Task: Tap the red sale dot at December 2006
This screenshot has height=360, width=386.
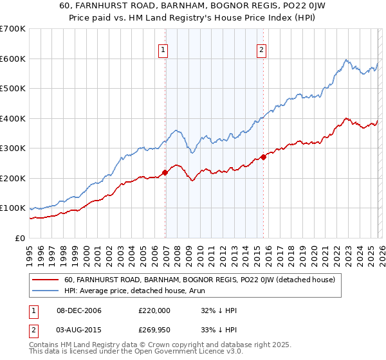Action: pyautogui.click(x=165, y=172)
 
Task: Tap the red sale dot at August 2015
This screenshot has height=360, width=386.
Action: pyautogui.click(x=264, y=157)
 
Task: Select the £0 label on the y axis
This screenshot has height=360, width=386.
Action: pyautogui.click(x=20, y=239)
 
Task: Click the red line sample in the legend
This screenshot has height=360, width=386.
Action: pyautogui.click(x=46, y=280)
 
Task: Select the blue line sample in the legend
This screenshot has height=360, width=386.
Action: pyautogui.click(x=46, y=291)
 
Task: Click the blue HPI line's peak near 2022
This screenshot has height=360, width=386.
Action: pyautogui.click(x=345, y=60)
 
